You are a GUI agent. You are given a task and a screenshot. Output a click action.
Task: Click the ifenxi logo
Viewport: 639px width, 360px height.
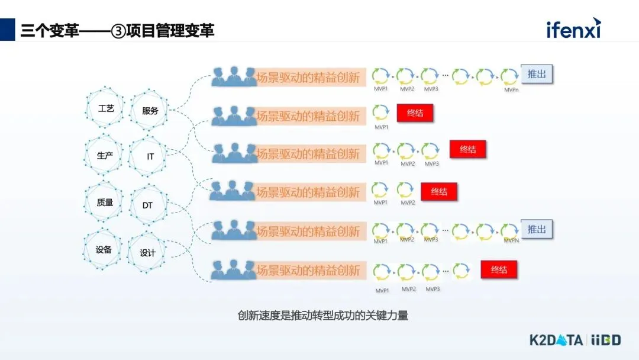tap(573, 28)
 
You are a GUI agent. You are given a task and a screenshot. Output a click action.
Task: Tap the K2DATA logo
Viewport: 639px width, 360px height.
tap(556, 339)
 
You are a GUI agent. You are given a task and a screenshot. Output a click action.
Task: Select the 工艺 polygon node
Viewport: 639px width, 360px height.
tap(106, 109)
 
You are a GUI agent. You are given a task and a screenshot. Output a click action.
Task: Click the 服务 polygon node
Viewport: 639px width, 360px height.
tap(150, 110)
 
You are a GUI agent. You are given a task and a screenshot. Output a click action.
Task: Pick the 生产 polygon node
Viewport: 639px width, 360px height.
tap(105, 155)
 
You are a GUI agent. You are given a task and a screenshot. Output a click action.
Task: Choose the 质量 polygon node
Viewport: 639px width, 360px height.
tap(105, 202)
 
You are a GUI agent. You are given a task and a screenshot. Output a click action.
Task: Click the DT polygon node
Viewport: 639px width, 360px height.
tap(148, 205)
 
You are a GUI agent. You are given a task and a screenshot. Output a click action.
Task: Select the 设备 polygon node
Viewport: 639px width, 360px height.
tap(104, 249)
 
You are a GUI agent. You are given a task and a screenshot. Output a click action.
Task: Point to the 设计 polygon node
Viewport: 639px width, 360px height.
tap(147, 253)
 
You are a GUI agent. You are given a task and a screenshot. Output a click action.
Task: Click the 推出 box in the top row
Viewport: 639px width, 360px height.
tap(537, 75)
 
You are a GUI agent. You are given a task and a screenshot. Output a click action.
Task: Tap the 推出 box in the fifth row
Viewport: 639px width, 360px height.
tap(537, 229)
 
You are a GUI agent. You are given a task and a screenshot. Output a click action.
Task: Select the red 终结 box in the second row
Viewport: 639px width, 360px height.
tap(415, 113)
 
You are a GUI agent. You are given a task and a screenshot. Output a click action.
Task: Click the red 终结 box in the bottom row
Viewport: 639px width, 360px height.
tap(499, 269)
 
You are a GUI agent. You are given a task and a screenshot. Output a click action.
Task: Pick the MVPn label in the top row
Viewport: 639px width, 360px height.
tap(511, 90)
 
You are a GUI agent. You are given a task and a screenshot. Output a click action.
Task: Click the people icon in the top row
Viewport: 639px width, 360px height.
tap(234, 76)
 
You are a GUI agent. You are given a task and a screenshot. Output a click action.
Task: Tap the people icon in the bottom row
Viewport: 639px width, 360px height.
tap(234, 269)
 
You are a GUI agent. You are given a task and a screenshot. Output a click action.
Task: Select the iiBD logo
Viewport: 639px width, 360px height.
tap(605, 339)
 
